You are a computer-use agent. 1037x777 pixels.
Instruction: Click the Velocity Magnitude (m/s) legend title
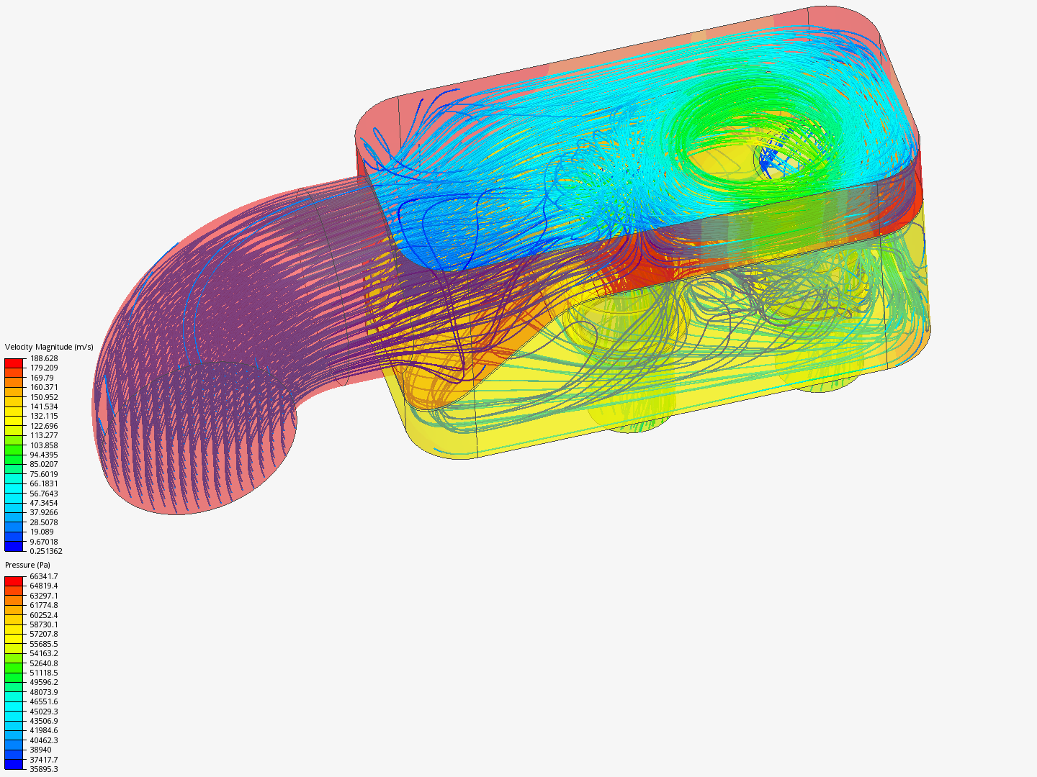[49, 347]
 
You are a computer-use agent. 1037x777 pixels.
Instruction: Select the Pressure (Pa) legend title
[27, 565]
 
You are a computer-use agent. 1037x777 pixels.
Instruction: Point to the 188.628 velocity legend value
[44, 358]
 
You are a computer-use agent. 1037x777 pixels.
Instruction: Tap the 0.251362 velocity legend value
[46, 551]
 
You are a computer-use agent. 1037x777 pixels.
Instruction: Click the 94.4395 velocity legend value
[44, 455]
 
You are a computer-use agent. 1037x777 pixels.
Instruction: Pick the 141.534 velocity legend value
[44, 406]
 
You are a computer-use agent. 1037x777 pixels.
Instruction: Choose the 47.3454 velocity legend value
[44, 503]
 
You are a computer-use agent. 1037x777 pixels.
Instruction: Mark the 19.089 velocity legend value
[42, 532]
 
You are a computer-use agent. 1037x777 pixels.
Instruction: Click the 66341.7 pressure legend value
[44, 576]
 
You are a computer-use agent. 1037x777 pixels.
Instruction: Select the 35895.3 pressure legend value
[44, 769]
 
